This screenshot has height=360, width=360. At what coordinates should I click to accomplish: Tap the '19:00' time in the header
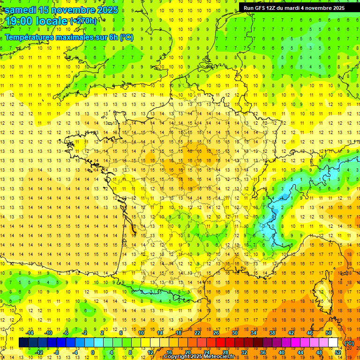coord(19,21)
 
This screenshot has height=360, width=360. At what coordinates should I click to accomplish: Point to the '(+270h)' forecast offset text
coord(83,21)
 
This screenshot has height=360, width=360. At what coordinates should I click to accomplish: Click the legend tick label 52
coord(338,352)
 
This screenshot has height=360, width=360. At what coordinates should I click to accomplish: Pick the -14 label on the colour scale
coord(30,333)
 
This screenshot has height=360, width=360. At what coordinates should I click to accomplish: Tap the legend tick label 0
coord(92,352)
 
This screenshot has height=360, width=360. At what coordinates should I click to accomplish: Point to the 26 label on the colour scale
coord(216,333)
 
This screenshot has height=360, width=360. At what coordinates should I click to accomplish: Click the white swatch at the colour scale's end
coord(333,343)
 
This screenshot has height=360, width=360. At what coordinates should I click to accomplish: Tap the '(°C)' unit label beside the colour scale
coord(349,343)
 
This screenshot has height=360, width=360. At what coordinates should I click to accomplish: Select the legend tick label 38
coord(272,333)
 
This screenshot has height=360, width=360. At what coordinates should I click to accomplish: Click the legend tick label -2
coord(85,333)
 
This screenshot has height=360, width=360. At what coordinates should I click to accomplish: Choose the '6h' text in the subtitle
coord(113,37)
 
